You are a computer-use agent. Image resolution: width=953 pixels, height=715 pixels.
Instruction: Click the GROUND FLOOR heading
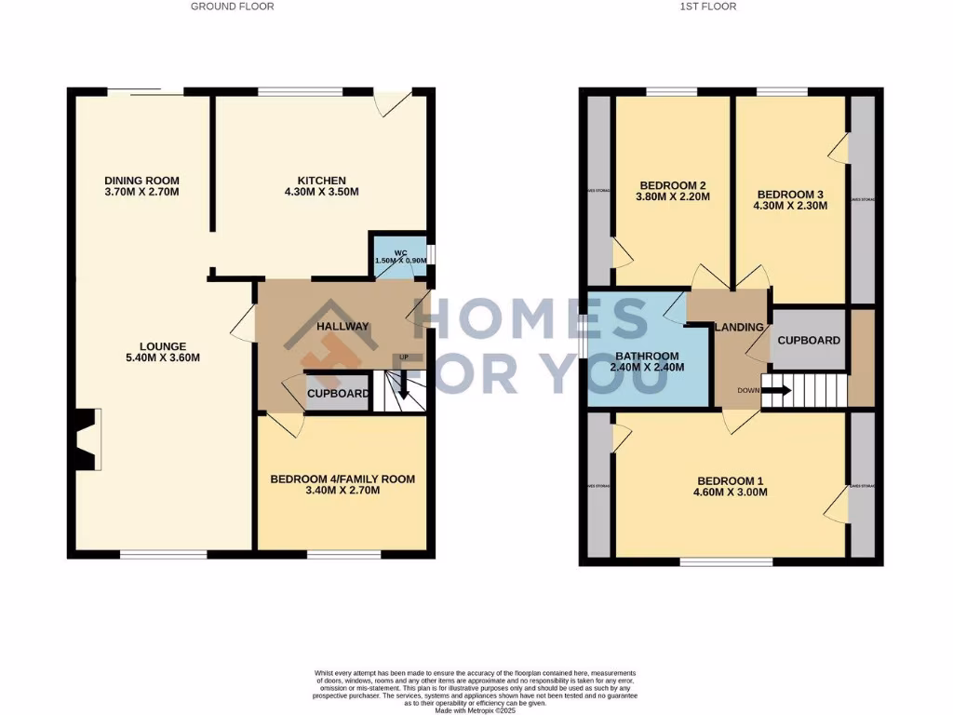pyautogui.click(x=233, y=7)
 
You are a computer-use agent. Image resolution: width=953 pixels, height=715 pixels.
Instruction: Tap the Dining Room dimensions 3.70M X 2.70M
pyautogui.click(x=141, y=193)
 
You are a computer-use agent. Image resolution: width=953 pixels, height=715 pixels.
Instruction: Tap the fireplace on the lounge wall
pyautogui.click(x=87, y=439)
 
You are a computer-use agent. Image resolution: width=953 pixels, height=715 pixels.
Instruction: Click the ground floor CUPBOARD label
pyautogui.click(x=337, y=394)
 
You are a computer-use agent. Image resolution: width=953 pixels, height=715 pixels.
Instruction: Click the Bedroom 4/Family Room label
pyautogui.click(x=342, y=479)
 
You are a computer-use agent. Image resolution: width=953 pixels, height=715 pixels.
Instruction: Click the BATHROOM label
pyautogui.click(x=647, y=356)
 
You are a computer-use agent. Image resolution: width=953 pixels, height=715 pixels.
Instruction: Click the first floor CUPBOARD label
pyautogui.click(x=809, y=340)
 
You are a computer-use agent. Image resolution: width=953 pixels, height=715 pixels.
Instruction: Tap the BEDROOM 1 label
pyautogui.click(x=730, y=480)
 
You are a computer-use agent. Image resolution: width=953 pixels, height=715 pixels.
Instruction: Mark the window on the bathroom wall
pyautogui.click(x=581, y=334)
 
